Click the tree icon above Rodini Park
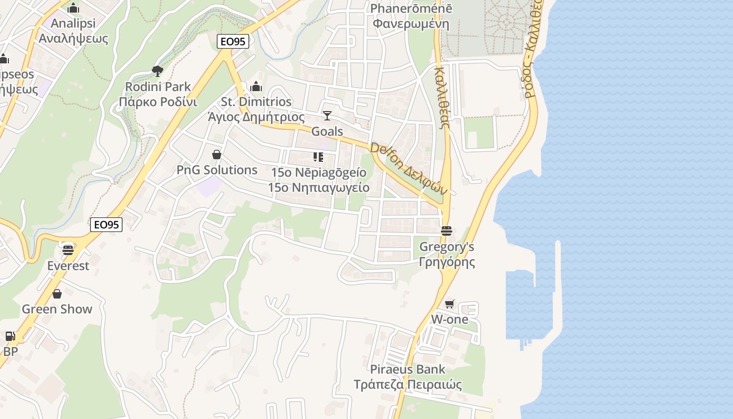157,71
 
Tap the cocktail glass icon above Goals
327,115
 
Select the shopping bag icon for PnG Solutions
217,155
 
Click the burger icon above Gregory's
446,230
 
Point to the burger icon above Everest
68,250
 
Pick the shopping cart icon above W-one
449,304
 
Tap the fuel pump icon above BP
10,336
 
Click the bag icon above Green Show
57,293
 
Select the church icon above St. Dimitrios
256,86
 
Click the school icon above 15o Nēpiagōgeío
318,157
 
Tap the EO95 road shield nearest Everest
106,225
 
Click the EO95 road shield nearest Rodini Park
232,42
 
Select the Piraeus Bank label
407,369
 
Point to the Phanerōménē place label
411,9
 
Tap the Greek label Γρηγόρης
447,262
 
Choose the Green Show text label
57,309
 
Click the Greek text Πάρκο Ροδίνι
158,102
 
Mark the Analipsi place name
73,24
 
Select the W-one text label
449,319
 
